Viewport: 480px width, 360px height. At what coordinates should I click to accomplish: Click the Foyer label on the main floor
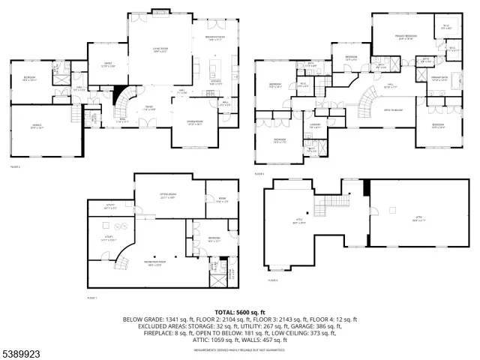tap(150, 106)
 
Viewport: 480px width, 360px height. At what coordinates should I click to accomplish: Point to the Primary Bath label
tap(439, 78)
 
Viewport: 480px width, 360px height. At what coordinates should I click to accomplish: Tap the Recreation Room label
tap(154, 264)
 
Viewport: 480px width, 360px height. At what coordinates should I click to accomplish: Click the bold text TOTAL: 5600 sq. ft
tap(239, 311)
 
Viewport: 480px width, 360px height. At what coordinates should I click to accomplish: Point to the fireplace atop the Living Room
tap(160, 11)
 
